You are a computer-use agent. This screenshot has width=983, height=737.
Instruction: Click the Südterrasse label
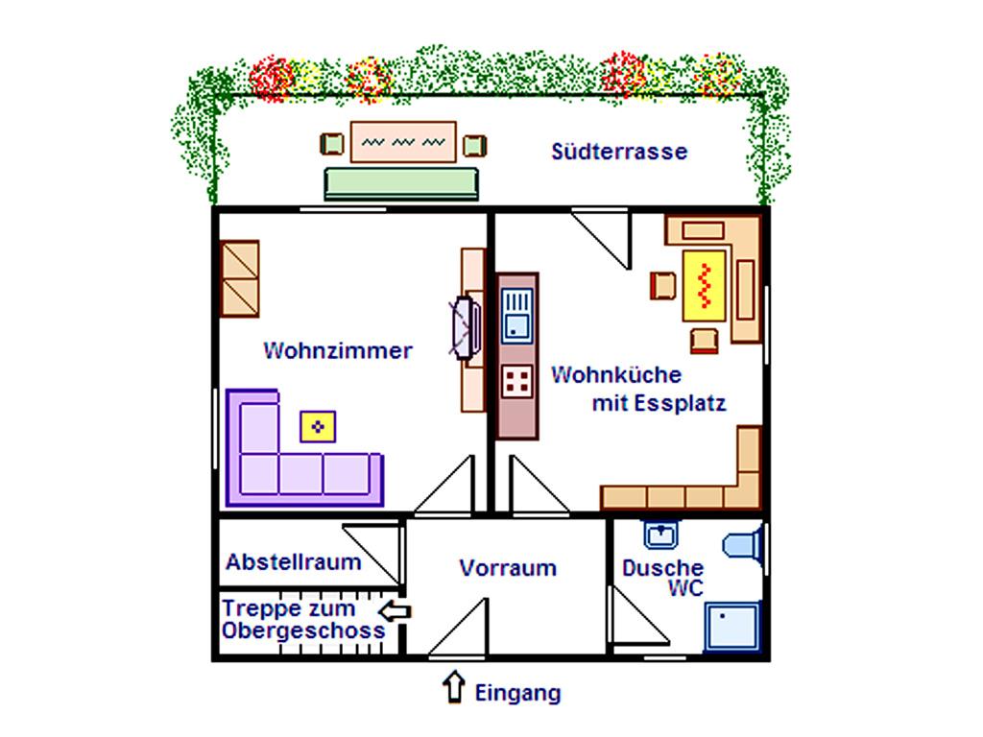pos(619,152)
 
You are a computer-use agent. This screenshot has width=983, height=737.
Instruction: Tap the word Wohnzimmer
pos(337,351)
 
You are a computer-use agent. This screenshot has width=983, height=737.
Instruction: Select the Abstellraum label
pos(293,562)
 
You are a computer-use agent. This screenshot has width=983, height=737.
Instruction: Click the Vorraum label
pos(507,567)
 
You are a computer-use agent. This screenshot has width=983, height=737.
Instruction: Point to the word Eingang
pos(517,693)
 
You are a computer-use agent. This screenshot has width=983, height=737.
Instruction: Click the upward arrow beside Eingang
pos(451,689)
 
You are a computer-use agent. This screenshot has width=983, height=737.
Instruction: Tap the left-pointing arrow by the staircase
pos(395,610)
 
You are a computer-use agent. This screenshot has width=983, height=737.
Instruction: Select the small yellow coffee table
pos(319,425)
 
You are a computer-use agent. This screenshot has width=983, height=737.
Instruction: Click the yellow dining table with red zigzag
pos(705,284)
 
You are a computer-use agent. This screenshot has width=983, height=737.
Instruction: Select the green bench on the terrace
pos(401,182)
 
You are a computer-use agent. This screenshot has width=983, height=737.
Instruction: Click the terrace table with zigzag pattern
pos(402,141)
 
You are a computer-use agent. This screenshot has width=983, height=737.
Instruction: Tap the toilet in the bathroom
pos(743,545)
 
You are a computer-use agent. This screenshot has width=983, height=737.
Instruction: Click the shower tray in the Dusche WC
pos(731,626)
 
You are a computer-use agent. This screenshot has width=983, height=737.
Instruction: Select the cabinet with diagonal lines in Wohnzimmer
pos(240,277)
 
